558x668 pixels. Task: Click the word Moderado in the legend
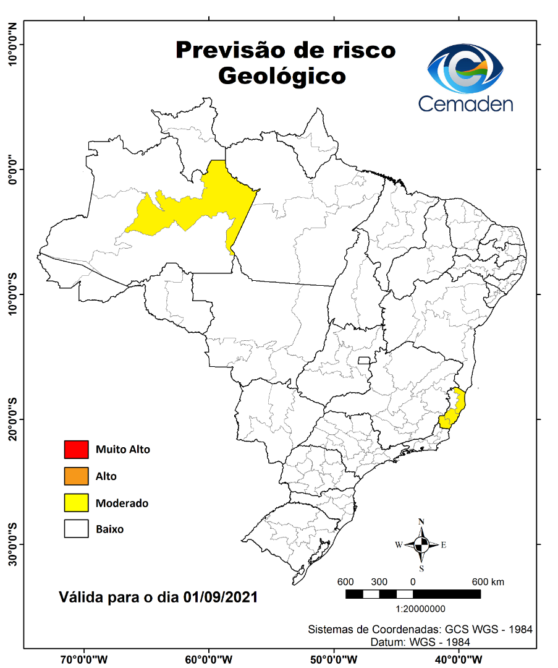(x=122, y=503)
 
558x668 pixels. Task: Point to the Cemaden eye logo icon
(x=466, y=69)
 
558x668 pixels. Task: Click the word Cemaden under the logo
(x=465, y=103)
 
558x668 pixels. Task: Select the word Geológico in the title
(x=282, y=76)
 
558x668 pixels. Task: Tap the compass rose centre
(x=421, y=545)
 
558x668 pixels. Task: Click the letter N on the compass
(x=421, y=521)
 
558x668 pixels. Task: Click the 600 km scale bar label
(x=488, y=582)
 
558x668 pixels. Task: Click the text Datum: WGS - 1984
(x=420, y=642)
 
